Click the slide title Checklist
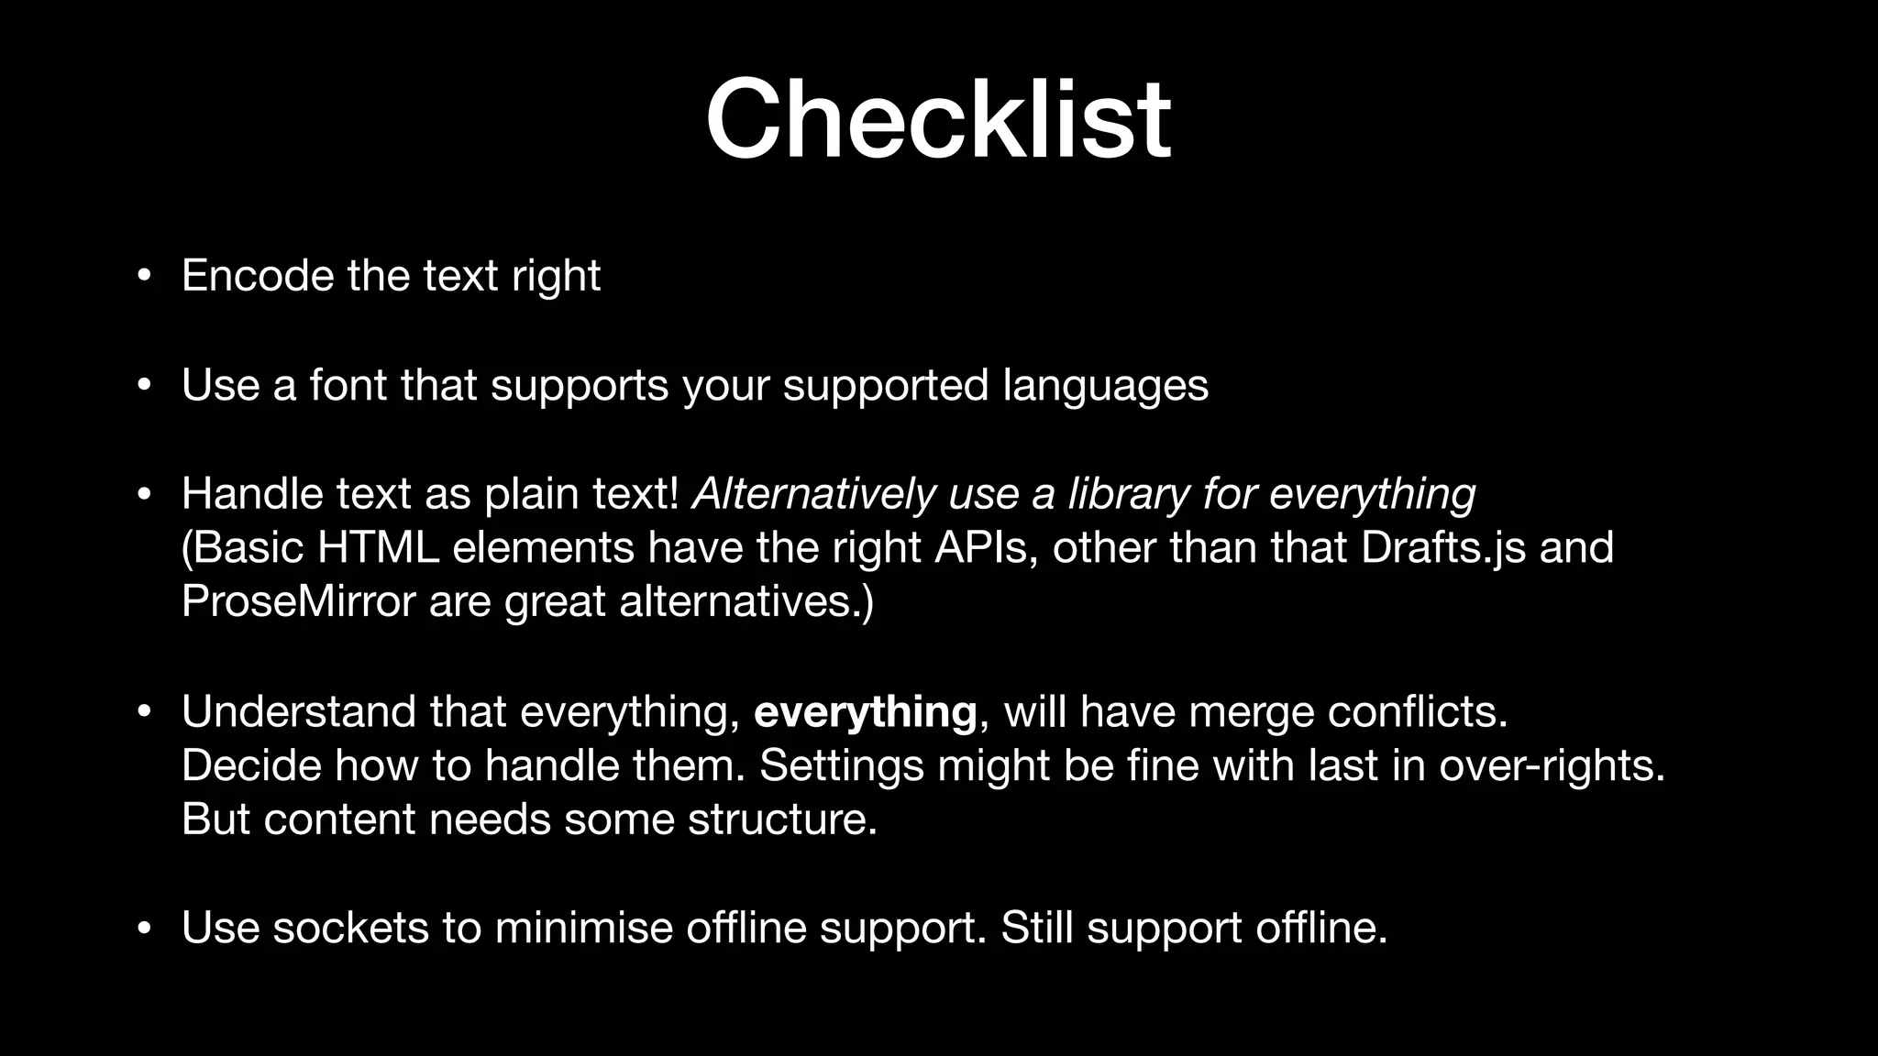938,119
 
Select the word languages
1105,385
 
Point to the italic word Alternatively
813,494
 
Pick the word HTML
378,548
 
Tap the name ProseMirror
299,602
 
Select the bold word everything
865,712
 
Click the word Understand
299,712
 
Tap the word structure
782,819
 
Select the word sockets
350,928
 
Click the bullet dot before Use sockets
143,929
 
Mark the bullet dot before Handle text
143,495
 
